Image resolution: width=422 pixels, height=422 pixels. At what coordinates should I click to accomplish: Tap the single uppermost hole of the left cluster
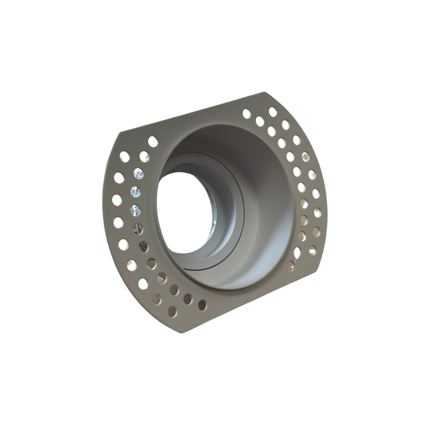(153, 141)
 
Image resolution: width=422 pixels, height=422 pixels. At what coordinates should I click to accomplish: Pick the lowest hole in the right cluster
(291, 265)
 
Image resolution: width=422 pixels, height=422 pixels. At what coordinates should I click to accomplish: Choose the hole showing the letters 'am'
(138, 228)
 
